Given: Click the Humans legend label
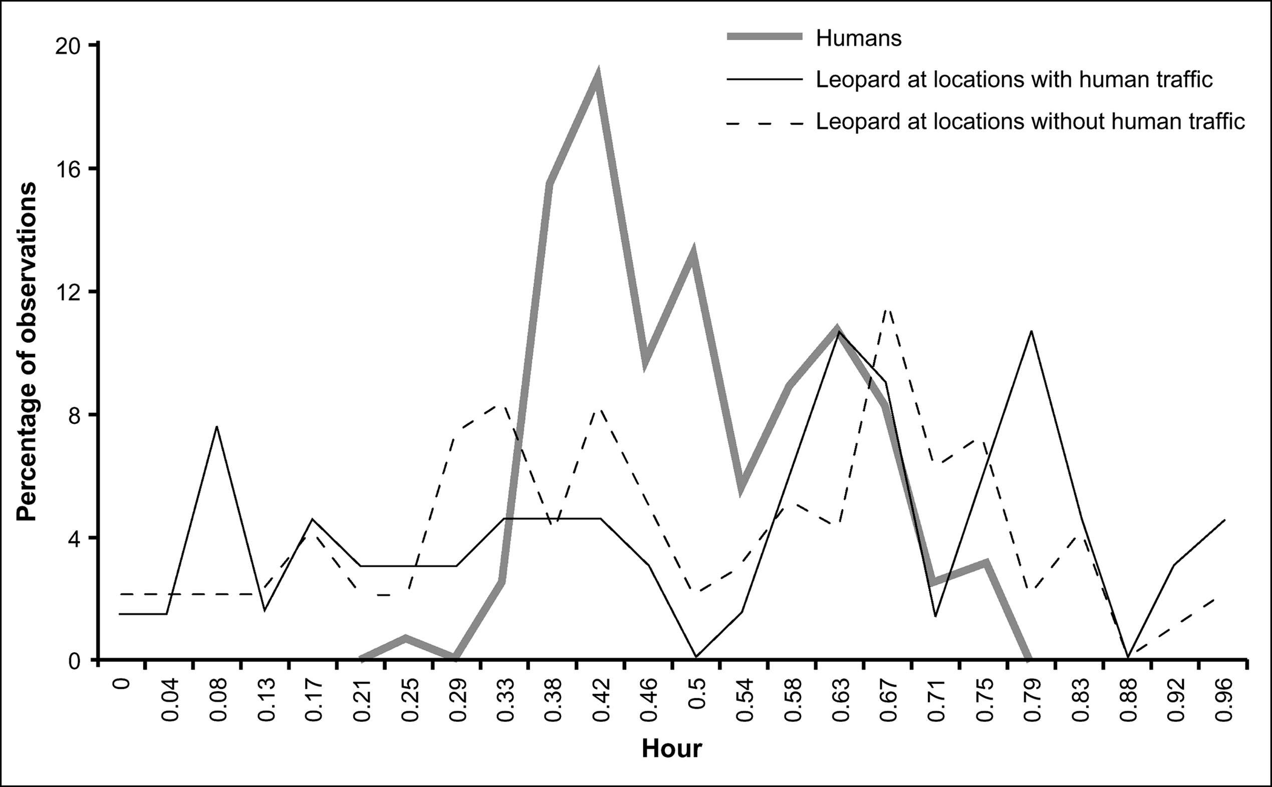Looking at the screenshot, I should (858, 38).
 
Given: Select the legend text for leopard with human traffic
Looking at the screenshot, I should (1014, 80).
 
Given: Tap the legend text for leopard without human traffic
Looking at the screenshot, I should (1030, 121).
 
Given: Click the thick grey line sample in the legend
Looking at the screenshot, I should (764, 37).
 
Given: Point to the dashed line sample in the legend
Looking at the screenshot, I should (764, 124).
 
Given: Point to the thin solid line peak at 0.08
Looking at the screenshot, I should (216, 426).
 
